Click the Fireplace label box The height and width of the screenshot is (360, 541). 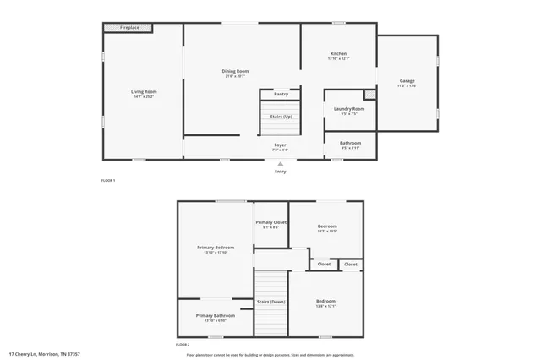[x=128, y=28]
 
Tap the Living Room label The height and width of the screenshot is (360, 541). [x=144, y=93]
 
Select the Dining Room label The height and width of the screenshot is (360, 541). [x=235, y=73]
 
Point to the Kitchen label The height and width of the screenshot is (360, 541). [x=338, y=56]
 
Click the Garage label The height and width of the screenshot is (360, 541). [x=407, y=83]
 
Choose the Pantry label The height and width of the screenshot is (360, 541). [x=281, y=94]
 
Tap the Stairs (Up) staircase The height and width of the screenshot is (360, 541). [x=281, y=122]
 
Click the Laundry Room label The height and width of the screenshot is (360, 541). [x=350, y=110]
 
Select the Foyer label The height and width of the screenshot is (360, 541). [x=280, y=146]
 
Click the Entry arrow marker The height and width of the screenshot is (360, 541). [x=280, y=165]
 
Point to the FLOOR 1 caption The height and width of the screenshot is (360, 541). [x=108, y=181]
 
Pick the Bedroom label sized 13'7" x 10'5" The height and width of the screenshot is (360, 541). [x=327, y=227]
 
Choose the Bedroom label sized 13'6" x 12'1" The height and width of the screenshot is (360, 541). [x=325, y=303]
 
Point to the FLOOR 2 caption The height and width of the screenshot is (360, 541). [x=183, y=345]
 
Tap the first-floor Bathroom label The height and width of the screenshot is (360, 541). [x=350, y=145]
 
